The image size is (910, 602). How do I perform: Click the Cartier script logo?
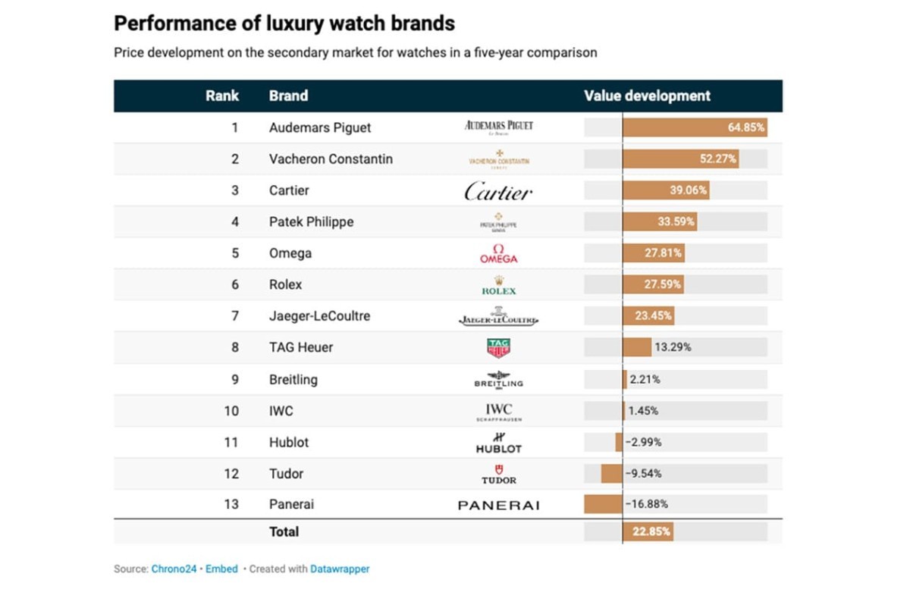(498, 191)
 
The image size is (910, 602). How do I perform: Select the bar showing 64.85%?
(695, 127)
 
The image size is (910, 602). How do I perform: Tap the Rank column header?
(222, 96)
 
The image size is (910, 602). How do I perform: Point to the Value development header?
(647, 96)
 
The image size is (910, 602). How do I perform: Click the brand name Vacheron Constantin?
(331, 159)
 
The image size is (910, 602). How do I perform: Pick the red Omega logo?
(498, 254)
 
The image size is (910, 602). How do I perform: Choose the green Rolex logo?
(498, 285)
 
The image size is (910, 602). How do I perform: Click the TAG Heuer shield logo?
(498, 348)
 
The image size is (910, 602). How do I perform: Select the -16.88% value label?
(646, 504)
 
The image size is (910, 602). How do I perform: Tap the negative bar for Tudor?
(611, 473)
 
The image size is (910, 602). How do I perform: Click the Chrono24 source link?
(173, 569)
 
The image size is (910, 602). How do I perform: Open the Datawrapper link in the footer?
(340, 569)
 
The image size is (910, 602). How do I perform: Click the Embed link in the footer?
(222, 569)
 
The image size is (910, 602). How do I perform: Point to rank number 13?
(231, 504)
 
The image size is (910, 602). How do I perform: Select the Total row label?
(284, 531)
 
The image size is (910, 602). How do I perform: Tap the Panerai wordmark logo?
(498, 505)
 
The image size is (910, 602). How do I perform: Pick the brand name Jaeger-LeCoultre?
(319, 316)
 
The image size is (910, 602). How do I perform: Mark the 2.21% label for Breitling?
(645, 379)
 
